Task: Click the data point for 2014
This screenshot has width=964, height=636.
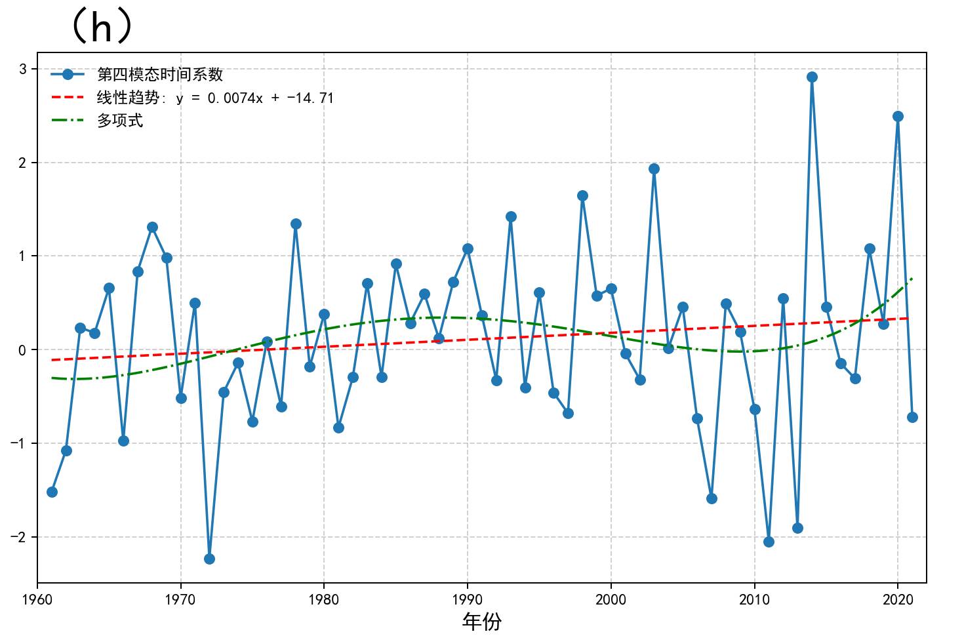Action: (x=812, y=77)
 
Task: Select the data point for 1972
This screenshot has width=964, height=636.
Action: (x=209, y=559)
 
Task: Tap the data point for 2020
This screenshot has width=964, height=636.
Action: (x=898, y=116)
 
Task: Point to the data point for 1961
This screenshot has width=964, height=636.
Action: (x=52, y=492)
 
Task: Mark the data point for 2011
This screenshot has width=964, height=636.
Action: (x=769, y=542)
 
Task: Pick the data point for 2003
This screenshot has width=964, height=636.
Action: (x=654, y=169)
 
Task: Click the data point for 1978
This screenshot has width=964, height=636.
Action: (x=296, y=224)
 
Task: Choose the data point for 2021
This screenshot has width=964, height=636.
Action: (x=912, y=417)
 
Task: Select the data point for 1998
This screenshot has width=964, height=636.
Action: (x=582, y=195)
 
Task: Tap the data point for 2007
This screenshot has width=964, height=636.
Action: (x=712, y=498)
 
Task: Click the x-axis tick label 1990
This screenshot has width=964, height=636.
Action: (x=468, y=600)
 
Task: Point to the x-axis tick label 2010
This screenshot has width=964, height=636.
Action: (x=754, y=600)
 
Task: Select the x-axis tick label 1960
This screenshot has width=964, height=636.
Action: (x=37, y=600)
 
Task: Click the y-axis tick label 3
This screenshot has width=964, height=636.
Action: (x=23, y=69)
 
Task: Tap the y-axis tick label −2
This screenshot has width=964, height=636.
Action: (x=18, y=537)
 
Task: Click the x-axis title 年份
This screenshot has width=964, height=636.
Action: (x=481, y=622)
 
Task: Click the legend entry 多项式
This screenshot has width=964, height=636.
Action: (x=120, y=121)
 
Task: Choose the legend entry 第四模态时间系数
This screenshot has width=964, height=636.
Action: (x=160, y=75)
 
